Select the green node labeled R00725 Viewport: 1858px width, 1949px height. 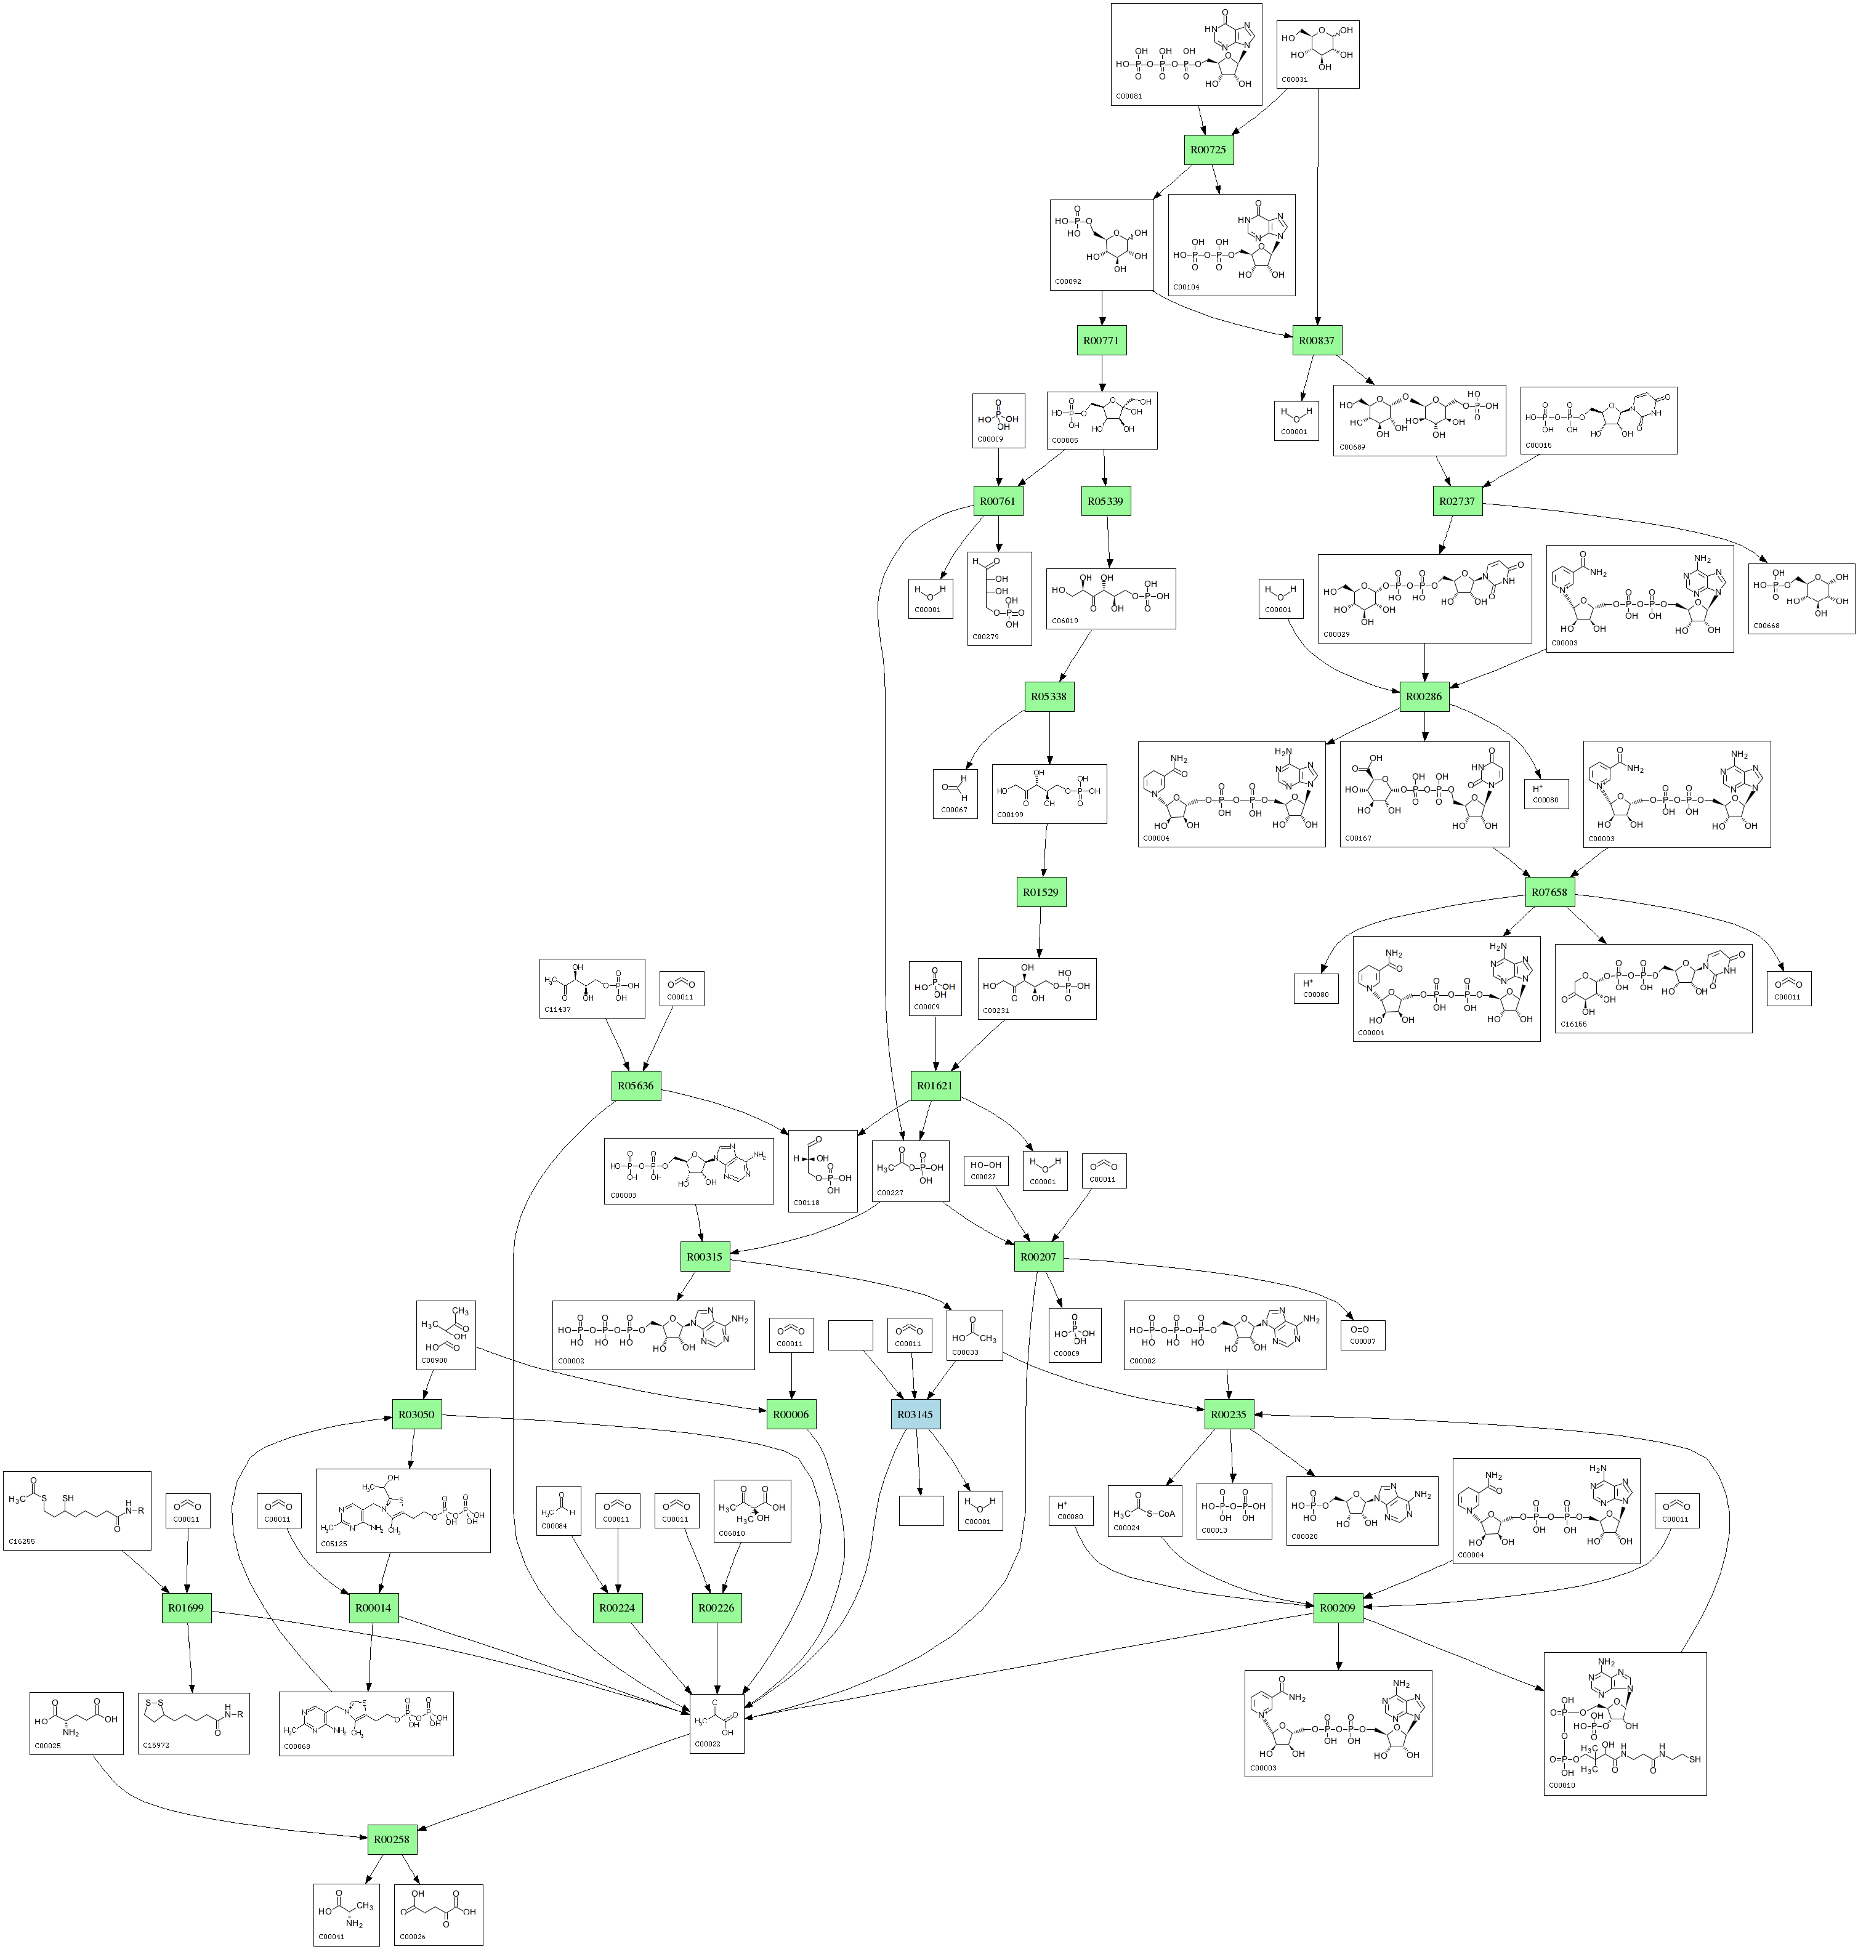[1208, 150]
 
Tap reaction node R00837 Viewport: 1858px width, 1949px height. [1316, 341]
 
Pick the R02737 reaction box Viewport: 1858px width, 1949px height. [1457, 501]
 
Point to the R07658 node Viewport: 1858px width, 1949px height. [1549, 892]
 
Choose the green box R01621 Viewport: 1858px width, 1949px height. [935, 1086]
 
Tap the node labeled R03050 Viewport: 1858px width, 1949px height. [416, 1414]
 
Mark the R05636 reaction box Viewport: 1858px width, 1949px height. [636, 1086]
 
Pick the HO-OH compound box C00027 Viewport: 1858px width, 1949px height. [985, 1171]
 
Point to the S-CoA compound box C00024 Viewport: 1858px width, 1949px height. [1144, 1511]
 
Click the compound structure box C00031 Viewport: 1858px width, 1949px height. [1317, 54]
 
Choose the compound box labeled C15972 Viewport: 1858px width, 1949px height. [193, 1722]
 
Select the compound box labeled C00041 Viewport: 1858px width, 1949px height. [345, 1915]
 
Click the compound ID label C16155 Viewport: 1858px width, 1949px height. [1573, 1024]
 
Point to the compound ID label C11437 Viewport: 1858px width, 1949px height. [557, 1009]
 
